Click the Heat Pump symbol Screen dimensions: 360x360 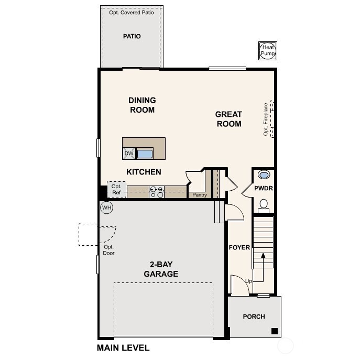(x=268, y=51)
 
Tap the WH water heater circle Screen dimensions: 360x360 (x=107, y=208)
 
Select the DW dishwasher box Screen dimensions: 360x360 (x=129, y=154)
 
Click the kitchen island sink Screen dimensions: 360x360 (x=145, y=154)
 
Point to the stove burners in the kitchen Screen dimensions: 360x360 (x=157, y=192)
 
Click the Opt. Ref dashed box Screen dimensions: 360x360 (x=116, y=190)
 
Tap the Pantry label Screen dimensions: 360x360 (x=200, y=195)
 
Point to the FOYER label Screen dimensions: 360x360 (x=239, y=247)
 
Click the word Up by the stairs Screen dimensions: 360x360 (x=248, y=281)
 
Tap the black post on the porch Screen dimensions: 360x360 (x=274, y=331)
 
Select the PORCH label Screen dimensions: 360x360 (x=254, y=317)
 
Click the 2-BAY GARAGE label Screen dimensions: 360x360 (x=161, y=269)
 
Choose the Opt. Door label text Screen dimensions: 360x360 (x=109, y=250)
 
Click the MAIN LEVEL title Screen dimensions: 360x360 (x=123, y=348)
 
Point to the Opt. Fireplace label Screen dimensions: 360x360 (x=266, y=119)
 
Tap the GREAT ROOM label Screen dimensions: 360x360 (x=228, y=119)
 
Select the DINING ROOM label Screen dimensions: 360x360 (x=142, y=105)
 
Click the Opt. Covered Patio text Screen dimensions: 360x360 (x=132, y=13)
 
